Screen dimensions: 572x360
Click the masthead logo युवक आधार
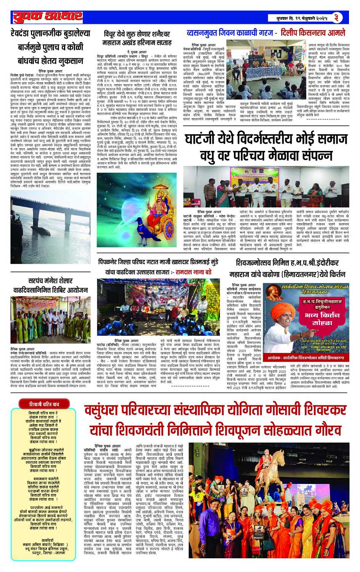(x=48, y=17)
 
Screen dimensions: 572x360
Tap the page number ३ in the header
(x=337, y=17)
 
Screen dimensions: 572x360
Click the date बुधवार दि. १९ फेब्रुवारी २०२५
(x=303, y=18)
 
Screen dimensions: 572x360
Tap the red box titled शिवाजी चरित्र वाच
(x=44, y=404)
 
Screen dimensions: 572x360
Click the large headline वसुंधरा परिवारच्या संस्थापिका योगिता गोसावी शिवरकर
(x=216, y=420)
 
